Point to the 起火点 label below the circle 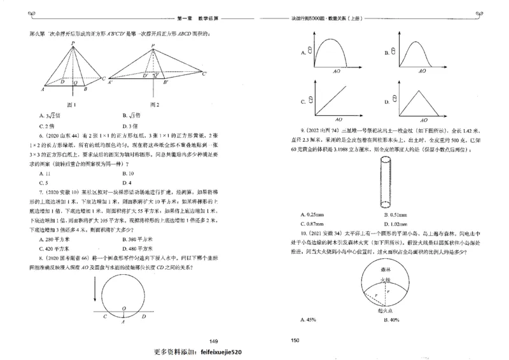(381, 312)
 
